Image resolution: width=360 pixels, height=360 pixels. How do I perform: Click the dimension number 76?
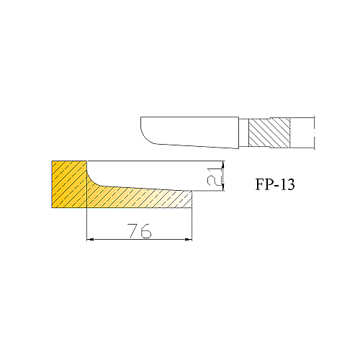139,231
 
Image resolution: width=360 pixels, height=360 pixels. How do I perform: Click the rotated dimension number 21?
214,176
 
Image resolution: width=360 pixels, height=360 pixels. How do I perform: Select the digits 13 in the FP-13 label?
287,184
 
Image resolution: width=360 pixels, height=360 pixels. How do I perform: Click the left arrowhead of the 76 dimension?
90,239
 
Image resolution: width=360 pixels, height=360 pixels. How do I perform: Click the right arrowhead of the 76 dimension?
189,239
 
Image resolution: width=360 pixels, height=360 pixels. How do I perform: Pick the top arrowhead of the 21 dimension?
222,164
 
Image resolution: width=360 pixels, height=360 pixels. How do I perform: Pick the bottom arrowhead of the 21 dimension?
222,188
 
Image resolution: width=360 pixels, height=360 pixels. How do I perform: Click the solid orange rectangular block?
69,184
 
